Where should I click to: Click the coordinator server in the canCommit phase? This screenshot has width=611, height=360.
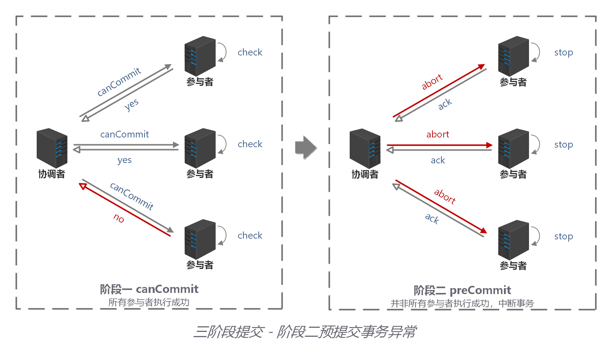[x=52, y=148]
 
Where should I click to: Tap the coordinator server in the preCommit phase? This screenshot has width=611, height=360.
[x=365, y=148]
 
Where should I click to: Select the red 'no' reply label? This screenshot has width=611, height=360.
[x=119, y=218]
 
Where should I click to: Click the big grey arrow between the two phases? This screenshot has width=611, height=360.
[x=305, y=147]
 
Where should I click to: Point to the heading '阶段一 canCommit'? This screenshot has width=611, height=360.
[x=149, y=289]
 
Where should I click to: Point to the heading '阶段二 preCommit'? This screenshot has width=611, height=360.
[x=462, y=290]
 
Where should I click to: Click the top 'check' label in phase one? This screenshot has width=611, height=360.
[x=250, y=52]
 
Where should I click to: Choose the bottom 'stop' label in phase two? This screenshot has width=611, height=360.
[x=563, y=236]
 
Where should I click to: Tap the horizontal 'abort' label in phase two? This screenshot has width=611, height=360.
[x=437, y=134]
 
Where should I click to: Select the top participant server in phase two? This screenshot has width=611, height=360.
[x=513, y=56]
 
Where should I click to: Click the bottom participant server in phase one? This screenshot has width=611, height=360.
[x=200, y=239]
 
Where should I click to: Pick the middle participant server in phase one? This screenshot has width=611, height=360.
[x=200, y=148]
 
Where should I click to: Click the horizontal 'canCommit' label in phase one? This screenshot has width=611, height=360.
[x=124, y=134]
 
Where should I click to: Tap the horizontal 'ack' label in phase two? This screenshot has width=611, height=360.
[x=438, y=160]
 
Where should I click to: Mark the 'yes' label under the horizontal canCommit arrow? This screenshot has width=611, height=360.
[x=124, y=160]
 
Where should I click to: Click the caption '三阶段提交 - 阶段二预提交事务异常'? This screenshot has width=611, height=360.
[x=305, y=332]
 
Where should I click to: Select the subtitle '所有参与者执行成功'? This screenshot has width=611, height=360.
[x=149, y=302]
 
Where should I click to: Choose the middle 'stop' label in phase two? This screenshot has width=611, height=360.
[x=563, y=145]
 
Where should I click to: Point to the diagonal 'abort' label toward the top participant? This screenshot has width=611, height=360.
[x=432, y=82]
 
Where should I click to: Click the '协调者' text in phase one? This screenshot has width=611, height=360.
[x=52, y=174]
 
